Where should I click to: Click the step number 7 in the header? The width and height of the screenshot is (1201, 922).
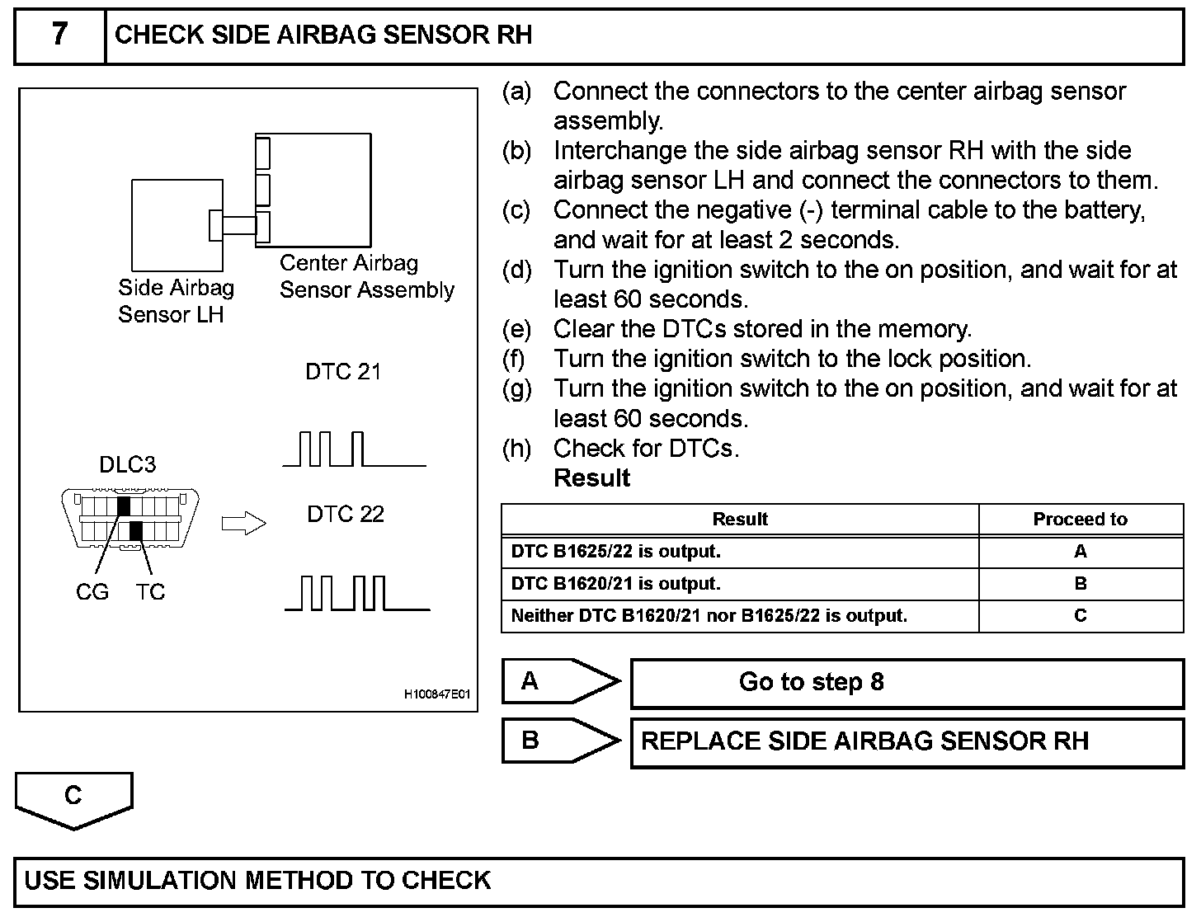click(x=59, y=35)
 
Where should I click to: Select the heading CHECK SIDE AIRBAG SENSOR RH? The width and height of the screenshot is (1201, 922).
click(x=323, y=35)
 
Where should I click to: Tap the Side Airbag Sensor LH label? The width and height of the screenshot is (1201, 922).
click(x=175, y=301)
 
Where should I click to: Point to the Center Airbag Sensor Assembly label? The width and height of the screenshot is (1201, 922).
click(x=366, y=276)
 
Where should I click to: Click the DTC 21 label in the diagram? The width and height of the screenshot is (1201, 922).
click(x=343, y=372)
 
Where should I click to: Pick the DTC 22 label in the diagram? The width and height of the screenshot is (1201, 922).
click(x=346, y=515)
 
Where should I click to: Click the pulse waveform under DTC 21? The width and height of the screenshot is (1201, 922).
click(x=354, y=449)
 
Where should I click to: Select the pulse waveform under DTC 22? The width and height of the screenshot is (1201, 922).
click(x=356, y=594)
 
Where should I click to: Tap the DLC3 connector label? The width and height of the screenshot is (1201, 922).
click(x=127, y=465)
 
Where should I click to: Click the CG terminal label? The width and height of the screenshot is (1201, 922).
click(x=92, y=592)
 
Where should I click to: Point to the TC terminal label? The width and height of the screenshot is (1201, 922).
click(x=151, y=592)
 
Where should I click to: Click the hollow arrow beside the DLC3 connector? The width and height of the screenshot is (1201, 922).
click(x=243, y=524)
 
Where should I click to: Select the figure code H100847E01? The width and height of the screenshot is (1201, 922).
click(x=436, y=695)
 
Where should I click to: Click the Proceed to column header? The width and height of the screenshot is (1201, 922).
click(x=1080, y=520)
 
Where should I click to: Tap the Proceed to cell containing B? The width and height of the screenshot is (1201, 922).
click(x=1080, y=584)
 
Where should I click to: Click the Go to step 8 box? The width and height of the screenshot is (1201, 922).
click(x=906, y=683)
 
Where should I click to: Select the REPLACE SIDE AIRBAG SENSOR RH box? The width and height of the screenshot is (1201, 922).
click(x=906, y=741)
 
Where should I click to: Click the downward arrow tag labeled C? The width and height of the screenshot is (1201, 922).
click(x=73, y=797)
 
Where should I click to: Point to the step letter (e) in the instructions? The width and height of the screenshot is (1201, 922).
click(x=517, y=329)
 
